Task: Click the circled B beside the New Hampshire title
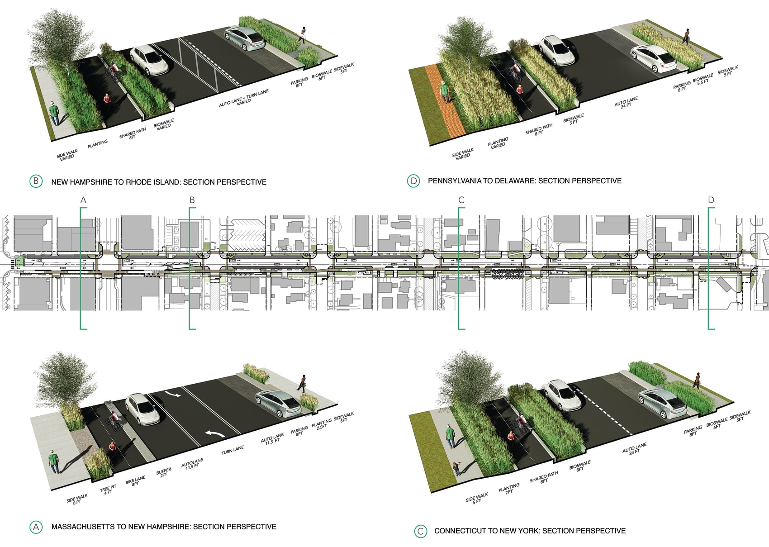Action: [36, 181]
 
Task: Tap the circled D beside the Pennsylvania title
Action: [413, 181]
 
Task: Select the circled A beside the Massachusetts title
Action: [36, 527]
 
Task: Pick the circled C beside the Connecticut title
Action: [420, 531]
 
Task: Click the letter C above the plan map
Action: [461, 200]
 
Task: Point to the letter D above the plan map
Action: [711, 200]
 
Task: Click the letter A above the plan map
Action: [83, 200]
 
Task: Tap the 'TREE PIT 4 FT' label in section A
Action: [109, 490]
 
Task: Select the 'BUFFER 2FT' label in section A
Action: [164, 473]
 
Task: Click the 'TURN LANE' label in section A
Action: [233, 450]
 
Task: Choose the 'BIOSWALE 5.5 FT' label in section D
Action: [703, 79]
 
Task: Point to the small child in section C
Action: [456, 468]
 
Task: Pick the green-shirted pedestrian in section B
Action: [54, 114]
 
